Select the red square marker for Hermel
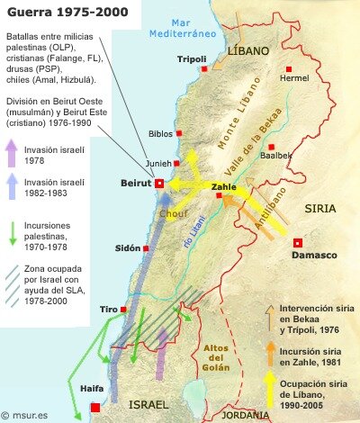289,68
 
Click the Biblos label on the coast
160,132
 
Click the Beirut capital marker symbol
159,184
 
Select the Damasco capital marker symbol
298,242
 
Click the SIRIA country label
319,208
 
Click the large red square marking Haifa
95,408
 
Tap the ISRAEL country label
150,405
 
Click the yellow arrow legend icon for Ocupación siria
270,388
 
